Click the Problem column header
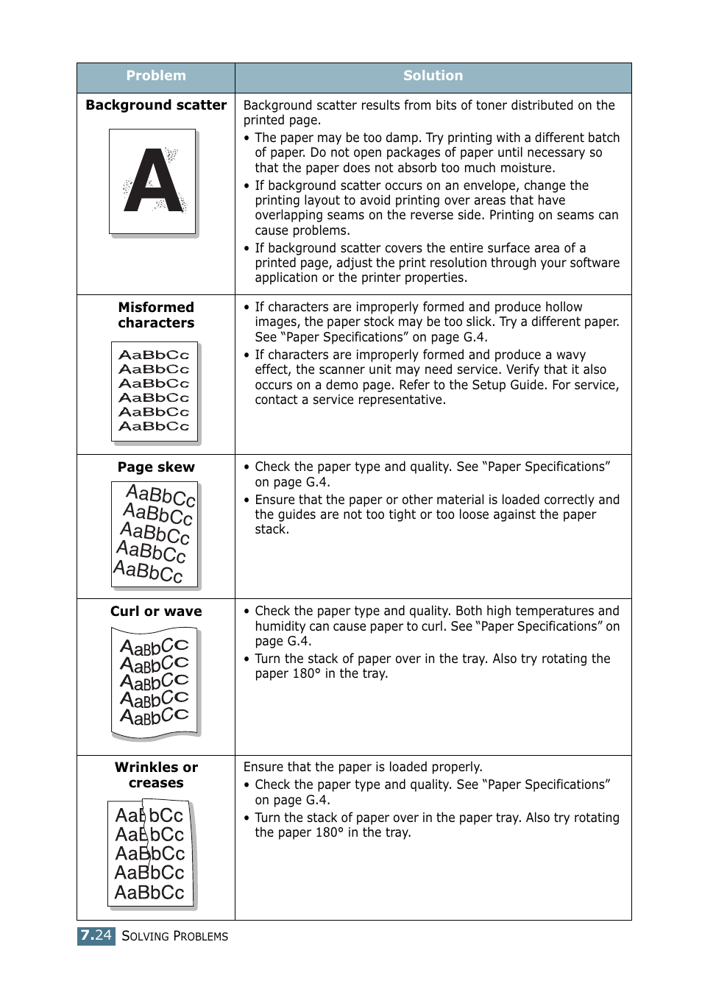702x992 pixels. point(156,76)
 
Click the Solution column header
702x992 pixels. point(433,76)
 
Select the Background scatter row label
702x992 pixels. point(156,105)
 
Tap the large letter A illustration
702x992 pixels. point(153,182)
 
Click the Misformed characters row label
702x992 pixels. point(156,315)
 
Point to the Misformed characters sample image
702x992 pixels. point(155,392)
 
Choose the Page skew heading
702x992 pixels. point(156,467)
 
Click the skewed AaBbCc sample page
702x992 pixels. point(155,534)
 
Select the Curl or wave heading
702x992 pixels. point(156,612)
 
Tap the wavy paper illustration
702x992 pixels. point(155,681)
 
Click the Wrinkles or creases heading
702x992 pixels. point(156,775)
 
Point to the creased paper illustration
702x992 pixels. point(151,854)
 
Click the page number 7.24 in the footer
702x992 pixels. point(96,935)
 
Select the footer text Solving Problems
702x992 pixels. point(175,936)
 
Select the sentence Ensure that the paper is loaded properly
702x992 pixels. point(363,767)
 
